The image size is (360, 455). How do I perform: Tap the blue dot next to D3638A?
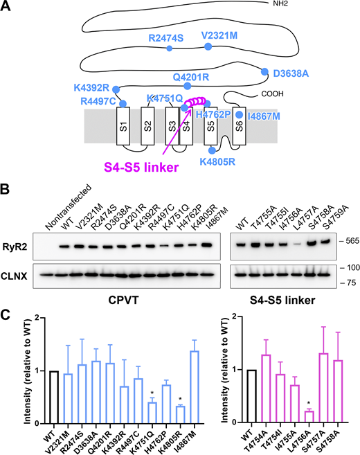point(263,71)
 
